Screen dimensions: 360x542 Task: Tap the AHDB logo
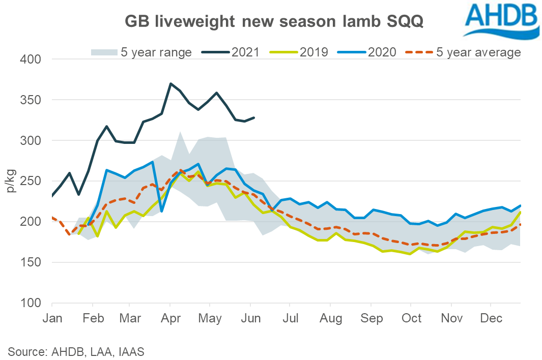(501, 20)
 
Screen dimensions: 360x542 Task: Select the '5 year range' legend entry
(141, 52)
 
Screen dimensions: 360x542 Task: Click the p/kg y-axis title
(12, 181)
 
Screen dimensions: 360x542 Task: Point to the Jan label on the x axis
(52, 319)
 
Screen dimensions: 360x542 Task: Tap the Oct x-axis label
(411, 319)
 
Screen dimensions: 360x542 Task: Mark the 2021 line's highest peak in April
(170, 83)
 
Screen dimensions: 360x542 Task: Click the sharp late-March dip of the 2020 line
(161, 211)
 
